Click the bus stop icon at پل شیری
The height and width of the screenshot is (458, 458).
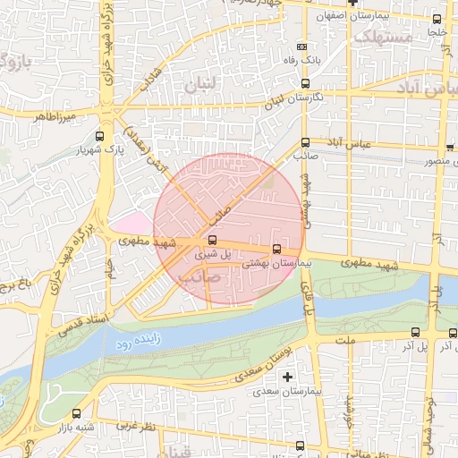tap(212, 240)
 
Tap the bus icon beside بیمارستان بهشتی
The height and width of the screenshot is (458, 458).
tap(275, 249)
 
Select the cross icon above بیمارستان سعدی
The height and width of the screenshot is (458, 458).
tap(287, 377)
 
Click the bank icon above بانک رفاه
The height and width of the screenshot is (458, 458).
tap(302, 47)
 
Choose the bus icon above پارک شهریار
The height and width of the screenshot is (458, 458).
tap(98, 137)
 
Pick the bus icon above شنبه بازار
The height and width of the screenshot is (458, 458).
tap(76, 413)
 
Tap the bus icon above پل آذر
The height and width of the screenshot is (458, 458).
tap(452, 333)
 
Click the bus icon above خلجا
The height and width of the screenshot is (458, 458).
tap(437, 19)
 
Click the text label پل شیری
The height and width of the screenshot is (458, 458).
tap(212, 255)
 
